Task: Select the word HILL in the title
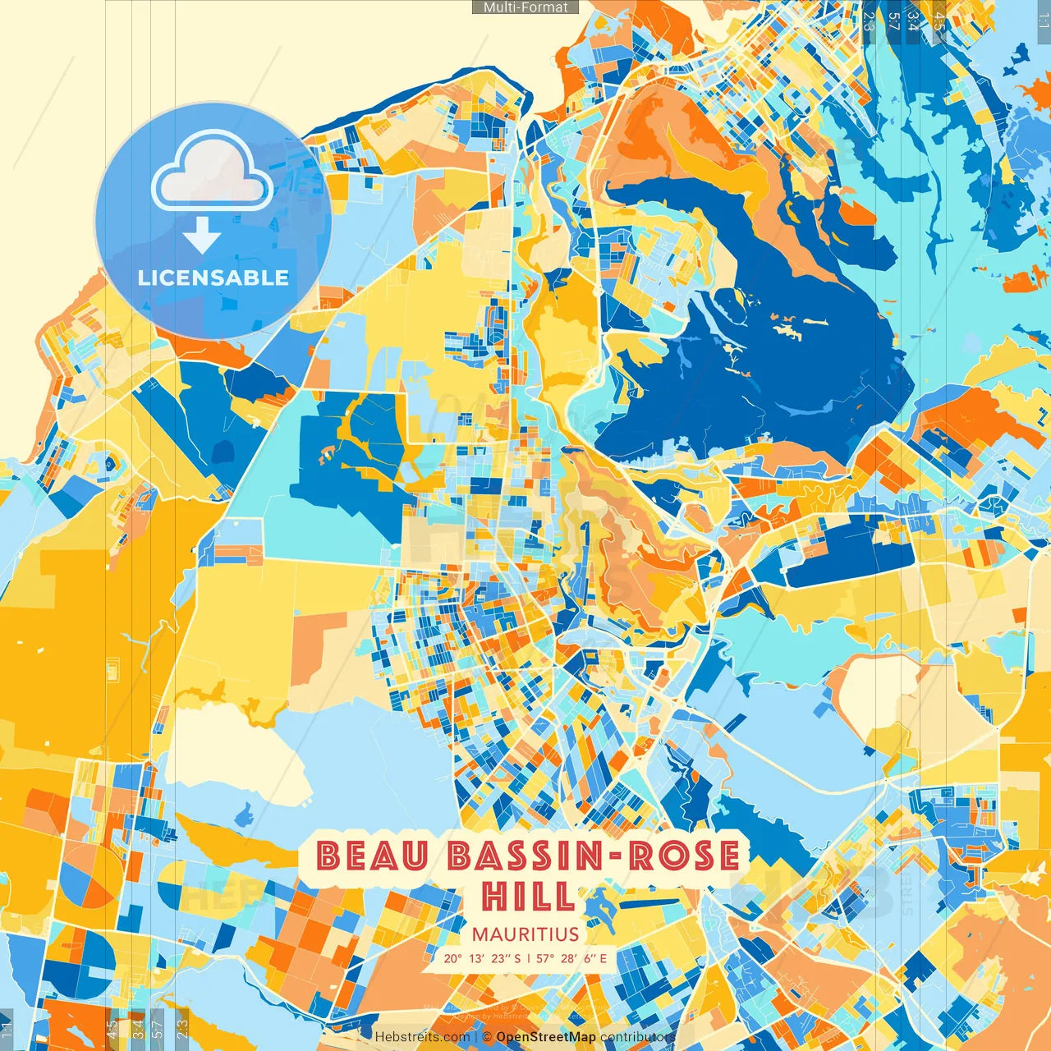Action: tap(529, 896)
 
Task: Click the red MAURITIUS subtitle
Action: tap(525, 934)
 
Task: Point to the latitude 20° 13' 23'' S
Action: tap(482, 958)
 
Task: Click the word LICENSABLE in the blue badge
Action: tap(213, 278)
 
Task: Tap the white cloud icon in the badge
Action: tap(213, 173)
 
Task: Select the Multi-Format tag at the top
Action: tap(525, 7)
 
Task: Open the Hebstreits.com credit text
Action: tap(422, 1037)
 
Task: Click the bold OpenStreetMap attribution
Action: tap(546, 1037)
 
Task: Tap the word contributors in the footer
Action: tap(637, 1037)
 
